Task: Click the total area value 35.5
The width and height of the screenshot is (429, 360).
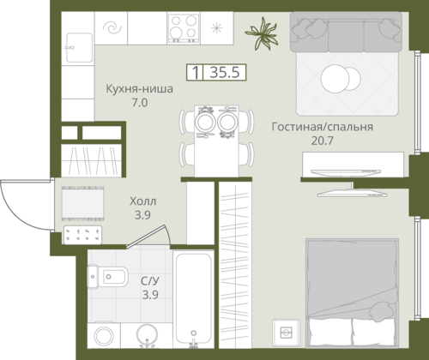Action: [x=225, y=72]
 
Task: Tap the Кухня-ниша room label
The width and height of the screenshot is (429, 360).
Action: [x=139, y=88]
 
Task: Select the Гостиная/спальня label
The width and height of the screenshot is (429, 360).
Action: [x=323, y=127]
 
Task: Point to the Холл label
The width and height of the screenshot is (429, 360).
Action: [x=143, y=201]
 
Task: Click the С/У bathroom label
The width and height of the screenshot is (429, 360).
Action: [x=150, y=281]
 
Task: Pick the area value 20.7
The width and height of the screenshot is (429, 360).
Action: [x=323, y=141]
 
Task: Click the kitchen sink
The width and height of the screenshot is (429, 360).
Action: [x=79, y=48]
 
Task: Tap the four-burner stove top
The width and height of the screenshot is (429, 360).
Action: [x=184, y=28]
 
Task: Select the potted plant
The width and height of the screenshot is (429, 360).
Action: [x=262, y=33]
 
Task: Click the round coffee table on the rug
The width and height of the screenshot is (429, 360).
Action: [x=341, y=79]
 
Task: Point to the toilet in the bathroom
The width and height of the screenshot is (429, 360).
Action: [x=107, y=277]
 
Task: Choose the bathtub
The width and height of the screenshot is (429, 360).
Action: [x=194, y=299]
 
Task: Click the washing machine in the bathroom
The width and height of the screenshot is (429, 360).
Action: [x=104, y=336]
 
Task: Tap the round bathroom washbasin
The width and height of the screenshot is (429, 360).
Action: [x=147, y=335]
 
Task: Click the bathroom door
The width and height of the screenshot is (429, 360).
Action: [x=146, y=236]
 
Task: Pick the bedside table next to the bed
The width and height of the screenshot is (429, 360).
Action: [x=286, y=333]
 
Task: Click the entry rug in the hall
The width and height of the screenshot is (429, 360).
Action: [x=82, y=203]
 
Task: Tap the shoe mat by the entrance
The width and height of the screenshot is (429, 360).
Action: [x=82, y=235]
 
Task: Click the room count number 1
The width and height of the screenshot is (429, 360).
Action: [x=196, y=72]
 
